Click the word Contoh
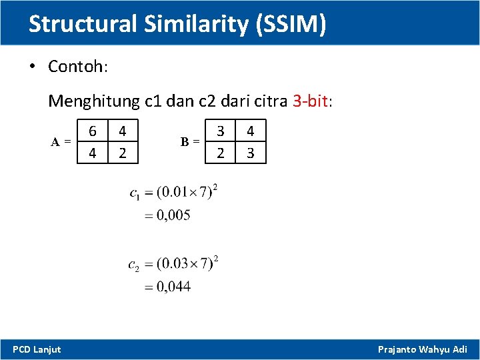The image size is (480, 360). pos(76,67)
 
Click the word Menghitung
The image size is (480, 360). pos(93,101)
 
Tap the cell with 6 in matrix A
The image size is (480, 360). pos(93,131)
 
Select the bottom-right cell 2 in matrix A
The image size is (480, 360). pos(122,153)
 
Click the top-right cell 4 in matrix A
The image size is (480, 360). pos(122,131)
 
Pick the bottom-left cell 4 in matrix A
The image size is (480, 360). pos(93,153)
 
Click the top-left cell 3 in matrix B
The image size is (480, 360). pos(221,131)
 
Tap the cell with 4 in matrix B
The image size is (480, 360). pos(251,131)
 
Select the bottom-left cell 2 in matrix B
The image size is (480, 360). pos(221,153)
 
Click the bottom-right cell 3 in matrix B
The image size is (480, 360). pos(251,153)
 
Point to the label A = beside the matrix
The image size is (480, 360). pos(62,141)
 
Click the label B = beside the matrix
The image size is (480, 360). pos(190,141)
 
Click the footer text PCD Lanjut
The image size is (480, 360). pos(37,349)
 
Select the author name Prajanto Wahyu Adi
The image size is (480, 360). pos(423,349)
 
